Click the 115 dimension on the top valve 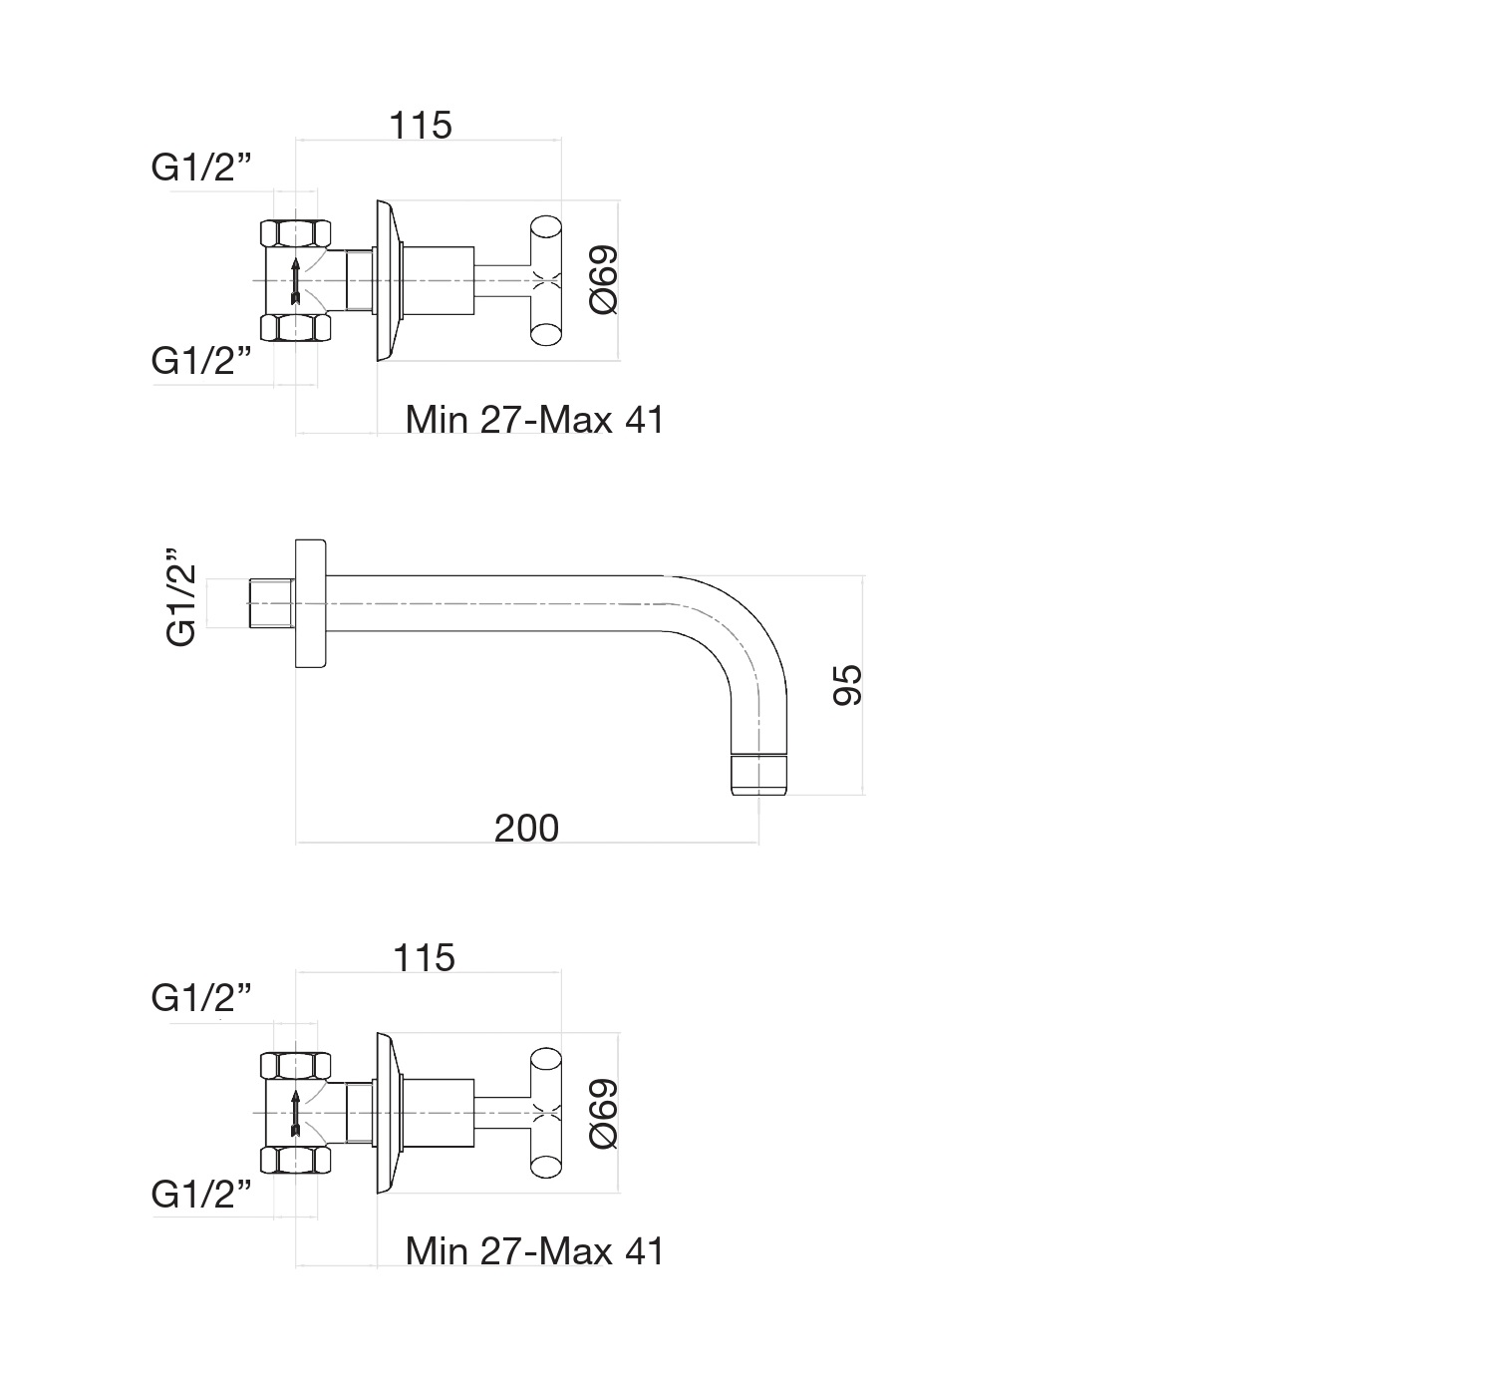point(421,126)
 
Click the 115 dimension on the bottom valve point(424,958)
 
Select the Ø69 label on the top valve point(604,280)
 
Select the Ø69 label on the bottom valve point(604,1113)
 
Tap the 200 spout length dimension point(526,829)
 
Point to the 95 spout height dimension point(847,685)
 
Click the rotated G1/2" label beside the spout point(181,598)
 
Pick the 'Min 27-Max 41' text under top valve point(534,420)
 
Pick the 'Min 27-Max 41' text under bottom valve point(534,1251)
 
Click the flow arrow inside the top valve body point(295,280)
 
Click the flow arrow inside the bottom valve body point(295,1113)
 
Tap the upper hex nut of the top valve point(295,234)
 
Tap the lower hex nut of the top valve point(295,327)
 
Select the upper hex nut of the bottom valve point(295,1066)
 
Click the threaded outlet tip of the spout point(759,776)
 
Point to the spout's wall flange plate point(311,605)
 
